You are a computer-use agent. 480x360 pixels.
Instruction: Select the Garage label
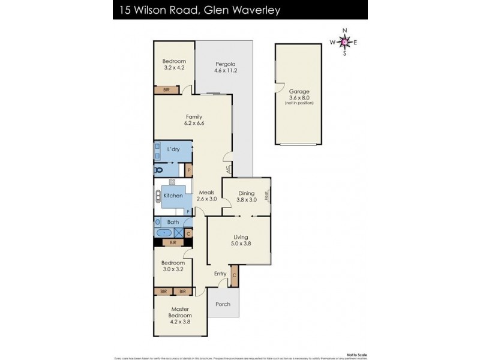point(298,92)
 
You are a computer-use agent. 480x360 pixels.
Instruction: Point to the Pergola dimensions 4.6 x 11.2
point(226,70)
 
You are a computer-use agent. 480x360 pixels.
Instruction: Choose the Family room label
point(193,116)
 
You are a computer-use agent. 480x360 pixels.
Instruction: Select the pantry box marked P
point(188,170)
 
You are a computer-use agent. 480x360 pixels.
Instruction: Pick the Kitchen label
point(173,196)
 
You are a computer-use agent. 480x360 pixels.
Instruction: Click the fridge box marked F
point(188,211)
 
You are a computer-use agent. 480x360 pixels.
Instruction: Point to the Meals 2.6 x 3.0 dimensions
point(207,199)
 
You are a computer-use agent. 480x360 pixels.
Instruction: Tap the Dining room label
point(246,193)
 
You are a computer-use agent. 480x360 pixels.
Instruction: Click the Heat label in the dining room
point(267,195)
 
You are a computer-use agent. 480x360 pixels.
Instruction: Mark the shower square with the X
point(179,232)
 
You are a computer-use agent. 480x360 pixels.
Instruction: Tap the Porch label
point(223,304)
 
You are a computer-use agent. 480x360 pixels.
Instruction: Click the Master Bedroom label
point(180,312)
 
